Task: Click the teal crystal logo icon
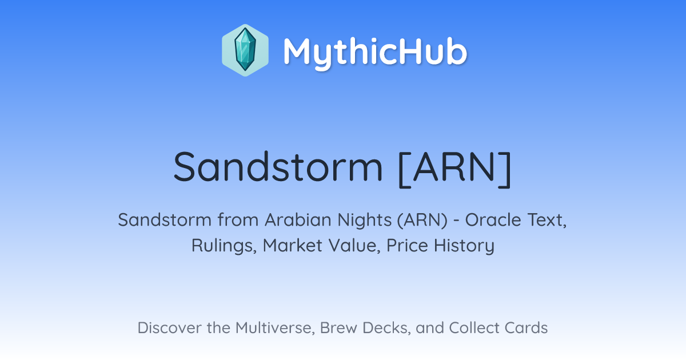coord(245,50)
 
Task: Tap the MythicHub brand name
coord(375,52)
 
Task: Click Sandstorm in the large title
coord(278,166)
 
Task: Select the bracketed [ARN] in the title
coord(455,169)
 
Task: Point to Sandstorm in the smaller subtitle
coord(165,220)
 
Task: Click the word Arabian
coord(298,220)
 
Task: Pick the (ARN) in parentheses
coord(422,221)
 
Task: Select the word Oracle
coord(493,220)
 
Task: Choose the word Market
coord(293,246)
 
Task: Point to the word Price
coord(407,246)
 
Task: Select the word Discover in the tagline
coord(169,328)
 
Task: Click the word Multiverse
coord(275,328)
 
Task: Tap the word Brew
coord(338,328)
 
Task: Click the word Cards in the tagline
coord(526,328)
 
